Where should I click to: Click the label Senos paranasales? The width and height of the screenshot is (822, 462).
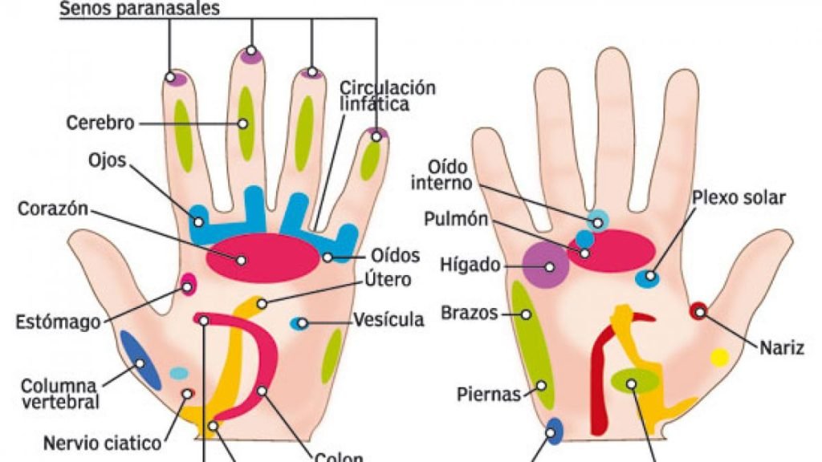coord(140,8)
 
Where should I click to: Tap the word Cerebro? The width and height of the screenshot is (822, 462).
coord(100,123)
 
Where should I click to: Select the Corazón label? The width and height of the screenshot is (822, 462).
coord(53,209)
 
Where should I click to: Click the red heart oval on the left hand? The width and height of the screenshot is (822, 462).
coord(262,258)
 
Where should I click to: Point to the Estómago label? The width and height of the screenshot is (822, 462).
coord(58,322)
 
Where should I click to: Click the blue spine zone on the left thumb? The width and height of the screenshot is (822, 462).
coord(140,360)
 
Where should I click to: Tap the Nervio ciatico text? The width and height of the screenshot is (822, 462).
coord(102,443)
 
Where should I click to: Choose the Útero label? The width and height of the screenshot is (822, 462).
coord(388,279)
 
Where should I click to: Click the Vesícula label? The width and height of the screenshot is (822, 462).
coord(389,319)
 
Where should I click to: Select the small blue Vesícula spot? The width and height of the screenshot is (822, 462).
coord(299,324)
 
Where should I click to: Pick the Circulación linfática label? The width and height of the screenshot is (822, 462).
coord(388,95)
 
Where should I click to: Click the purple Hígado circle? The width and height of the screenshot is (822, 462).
coord(546,265)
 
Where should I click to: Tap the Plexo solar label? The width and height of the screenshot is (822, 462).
coord(739,198)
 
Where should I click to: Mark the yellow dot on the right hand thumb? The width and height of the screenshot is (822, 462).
coord(720,358)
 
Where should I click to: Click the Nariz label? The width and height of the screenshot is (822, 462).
coord(782,348)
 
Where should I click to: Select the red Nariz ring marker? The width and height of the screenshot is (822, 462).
coord(699,312)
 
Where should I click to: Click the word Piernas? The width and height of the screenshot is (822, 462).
coord(489,394)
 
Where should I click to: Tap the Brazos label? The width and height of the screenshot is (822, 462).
coord(469,313)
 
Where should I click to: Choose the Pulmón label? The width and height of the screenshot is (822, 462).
coord(456,219)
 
